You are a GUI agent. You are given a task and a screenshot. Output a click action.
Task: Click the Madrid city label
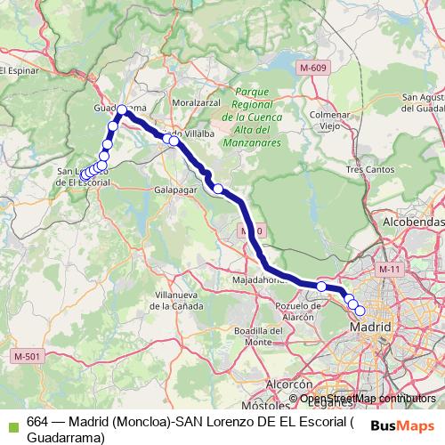pos(372,328)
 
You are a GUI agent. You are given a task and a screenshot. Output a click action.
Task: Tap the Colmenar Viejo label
pos(330,120)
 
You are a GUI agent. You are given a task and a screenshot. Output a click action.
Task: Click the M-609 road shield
pos(313,67)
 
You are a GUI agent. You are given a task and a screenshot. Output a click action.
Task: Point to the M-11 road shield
pos(388,268)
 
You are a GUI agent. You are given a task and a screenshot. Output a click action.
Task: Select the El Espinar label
pos(15,71)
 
